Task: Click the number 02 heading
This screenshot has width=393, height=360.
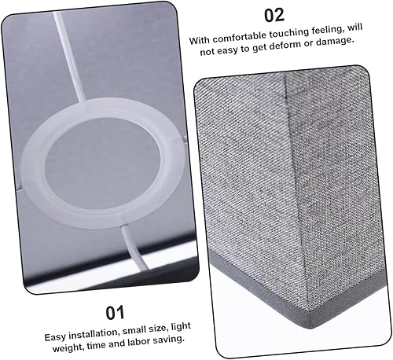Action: click(x=274, y=16)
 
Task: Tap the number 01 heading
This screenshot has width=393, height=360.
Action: click(x=115, y=314)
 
